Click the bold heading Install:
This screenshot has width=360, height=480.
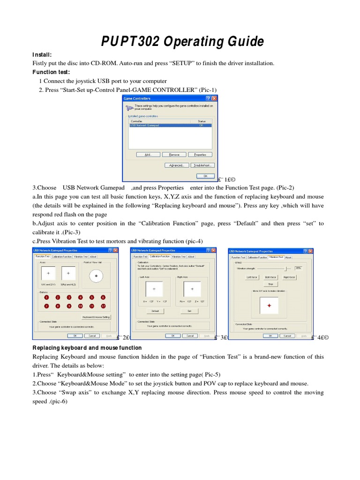[42, 54]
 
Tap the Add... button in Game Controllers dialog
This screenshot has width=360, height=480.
[148, 154]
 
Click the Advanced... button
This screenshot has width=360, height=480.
[177, 165]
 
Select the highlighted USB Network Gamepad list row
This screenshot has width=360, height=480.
[170, 125]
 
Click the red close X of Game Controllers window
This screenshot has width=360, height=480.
[214, 98]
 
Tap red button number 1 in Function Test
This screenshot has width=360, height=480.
[46, 297]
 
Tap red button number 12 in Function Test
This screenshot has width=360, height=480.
[103, 306]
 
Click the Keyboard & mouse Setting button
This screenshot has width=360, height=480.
[96, 317]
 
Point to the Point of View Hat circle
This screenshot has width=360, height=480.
[96, 276]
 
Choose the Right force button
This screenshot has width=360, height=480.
[289, 277]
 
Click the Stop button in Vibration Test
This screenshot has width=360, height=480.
[270, 284]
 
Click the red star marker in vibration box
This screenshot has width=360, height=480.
[269, 306]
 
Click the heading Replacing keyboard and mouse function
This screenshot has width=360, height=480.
[87, 348]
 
